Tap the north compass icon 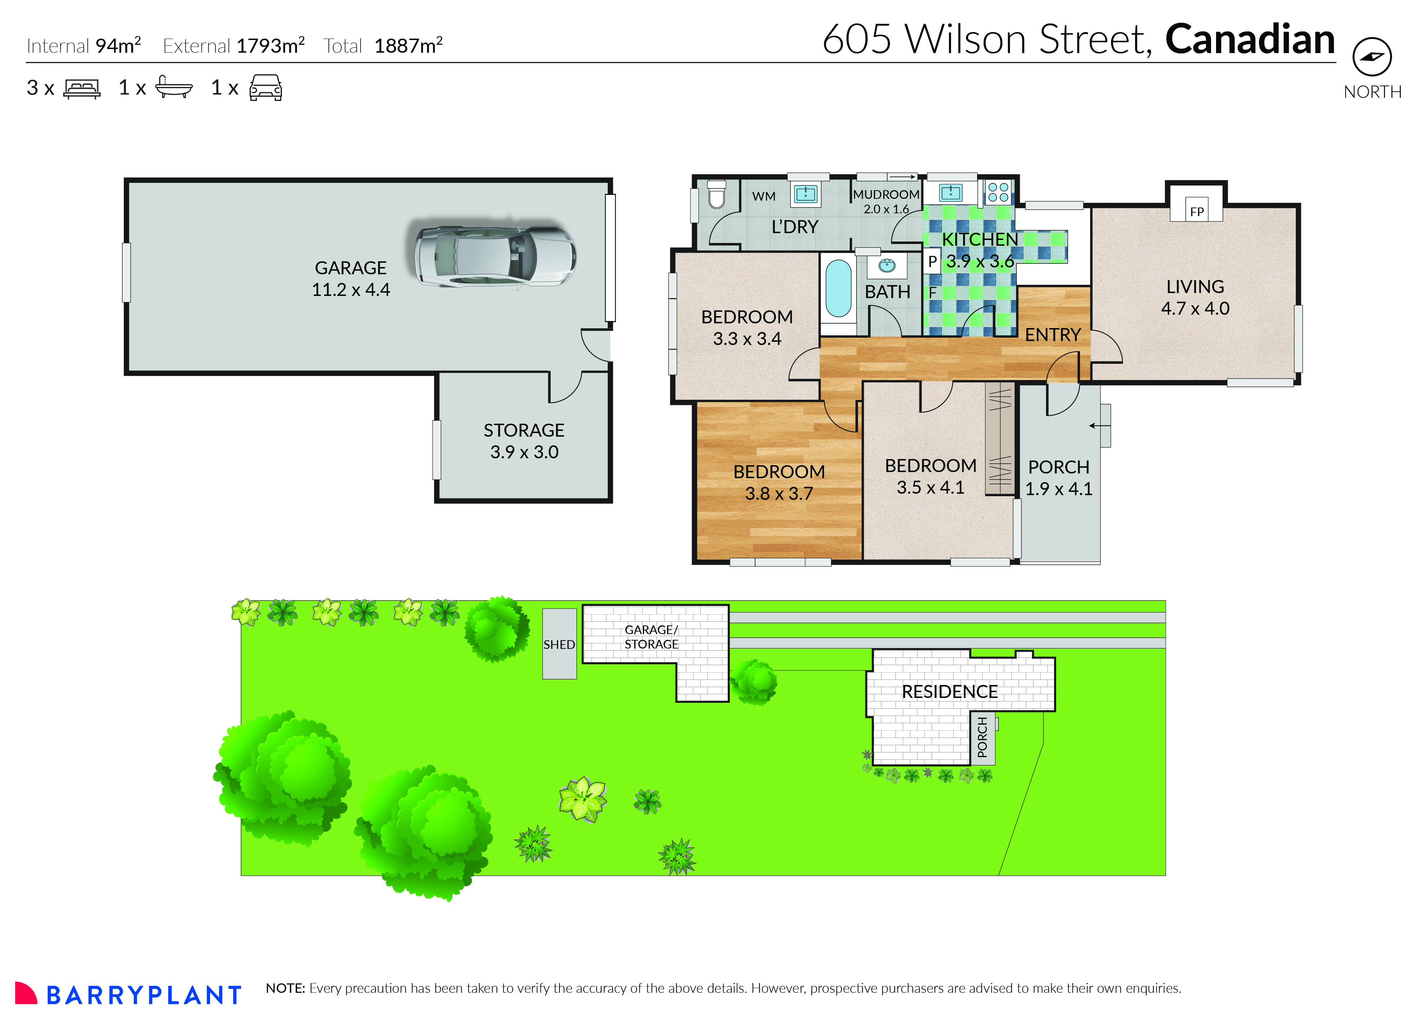[1372, 57]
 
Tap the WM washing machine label [764, 196]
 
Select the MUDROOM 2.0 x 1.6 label [886, 201]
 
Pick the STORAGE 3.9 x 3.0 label [524, 440]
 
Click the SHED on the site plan [559, 644]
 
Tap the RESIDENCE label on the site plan [950, 691]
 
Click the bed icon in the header [82, 88]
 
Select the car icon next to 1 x [265, 88]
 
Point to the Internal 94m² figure [84, 45]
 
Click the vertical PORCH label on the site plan [982, 737]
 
